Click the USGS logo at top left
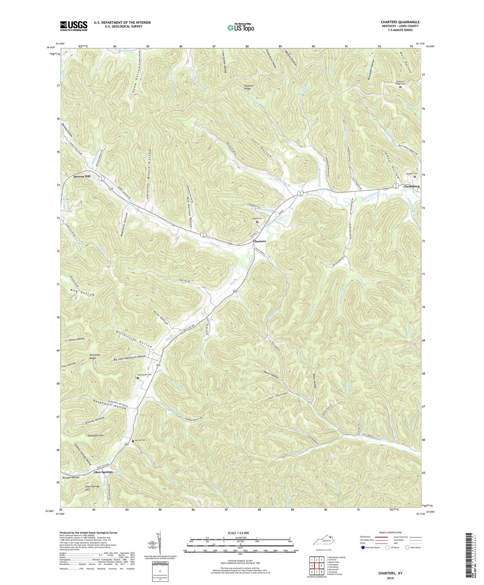tap(74, 25)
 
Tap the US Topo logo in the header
tap(240, 27)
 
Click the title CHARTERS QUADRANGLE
tap(400, 22)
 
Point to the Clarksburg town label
tap(410, 187)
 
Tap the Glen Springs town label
tap(103, 472)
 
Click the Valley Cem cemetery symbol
tap(257, 222)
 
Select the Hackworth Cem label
tap(144, 375)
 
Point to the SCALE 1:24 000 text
tap(240, 533)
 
